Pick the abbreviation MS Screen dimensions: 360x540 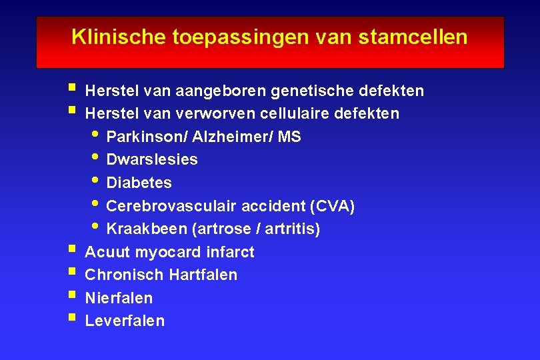289,137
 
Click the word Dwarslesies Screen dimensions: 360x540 152,160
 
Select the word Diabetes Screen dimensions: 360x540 139,183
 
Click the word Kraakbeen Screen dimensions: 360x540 147,230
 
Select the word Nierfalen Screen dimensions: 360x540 119,299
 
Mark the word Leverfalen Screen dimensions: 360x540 125,321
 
